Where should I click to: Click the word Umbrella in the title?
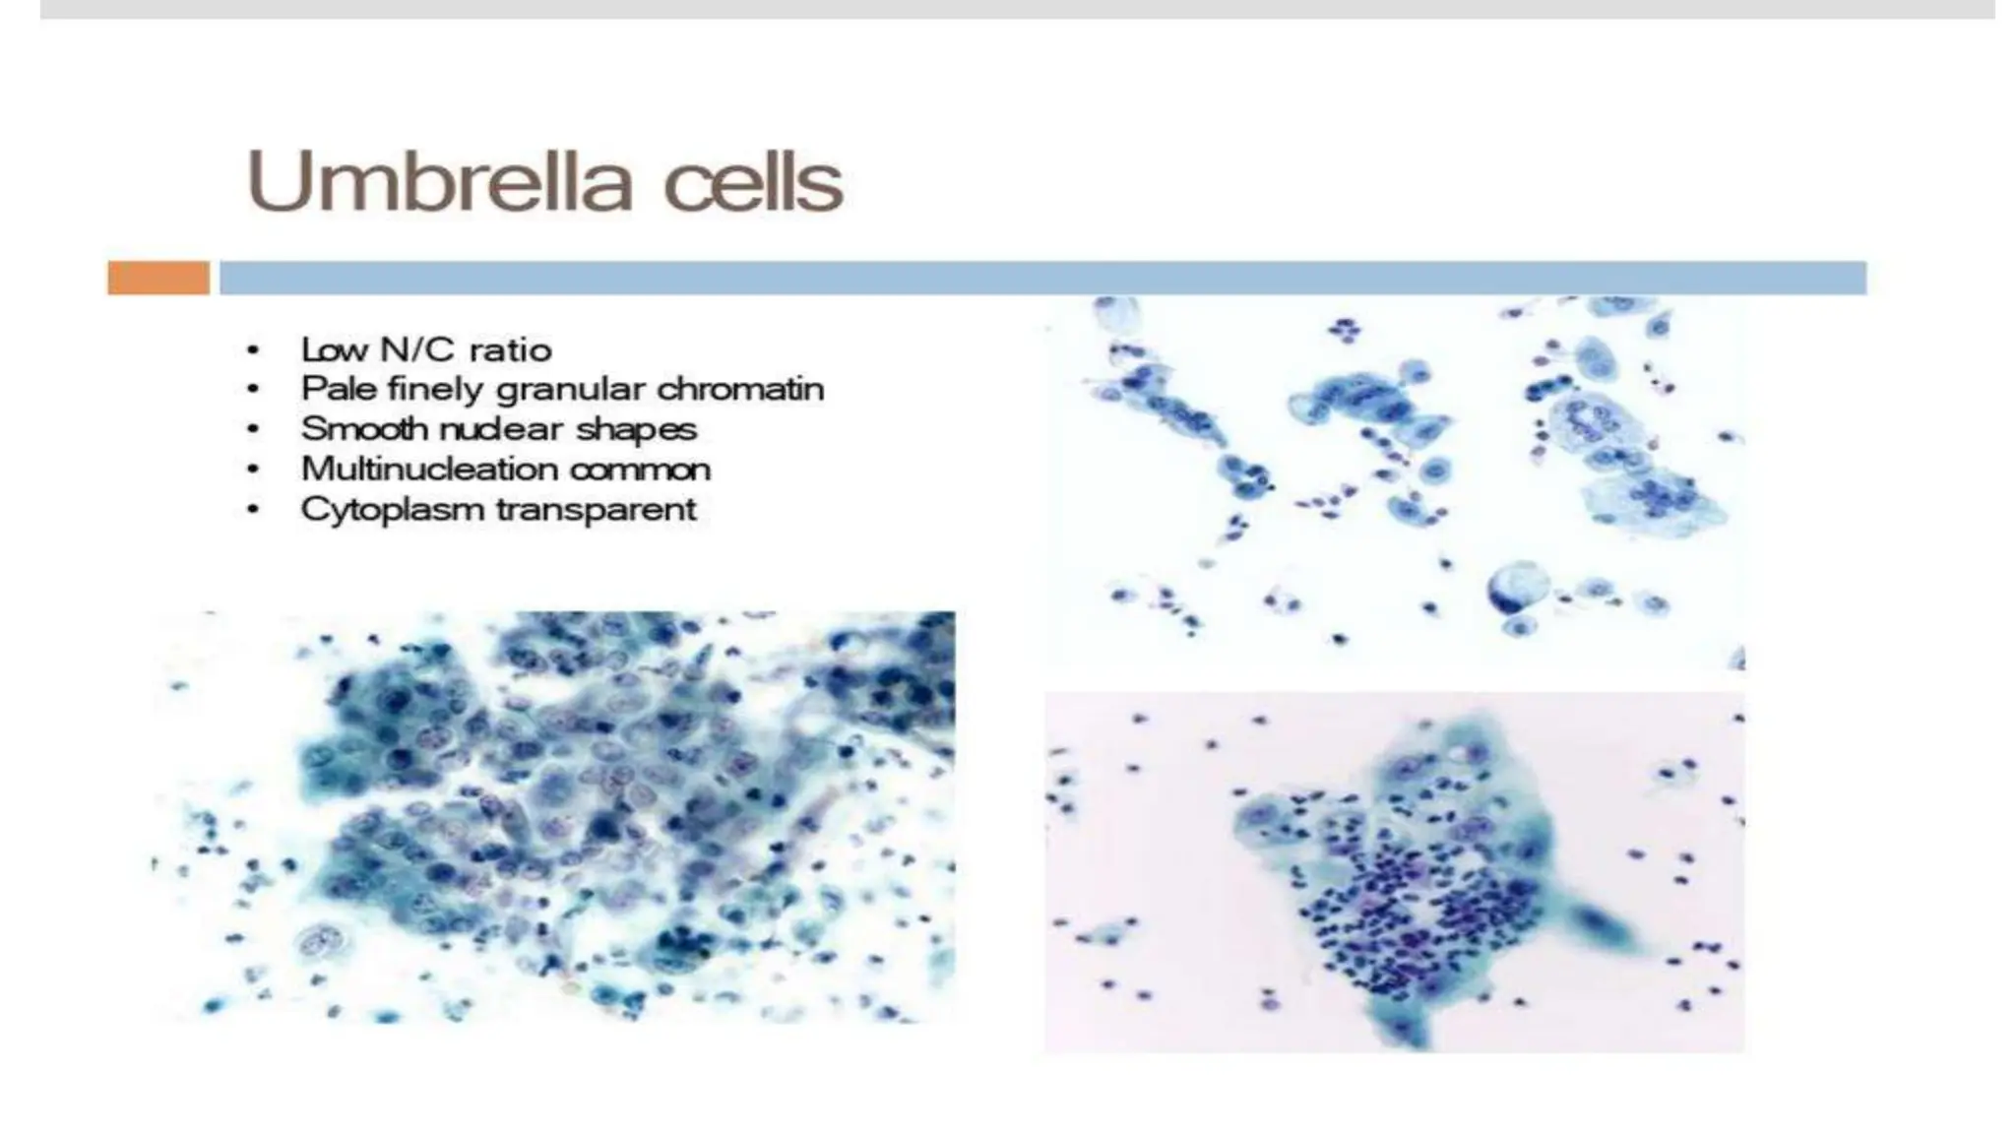click(438, 182)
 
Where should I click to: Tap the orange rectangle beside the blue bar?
click(157, 278)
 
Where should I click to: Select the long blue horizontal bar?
click(1041, 278)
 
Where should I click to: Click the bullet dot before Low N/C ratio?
click(254, 351)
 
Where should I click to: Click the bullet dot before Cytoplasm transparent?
click(254, 511)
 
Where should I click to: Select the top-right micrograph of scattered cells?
click(1393, 482)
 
